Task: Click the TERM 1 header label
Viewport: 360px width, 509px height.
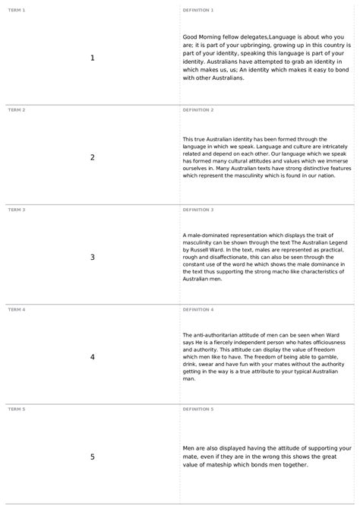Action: (16, 10)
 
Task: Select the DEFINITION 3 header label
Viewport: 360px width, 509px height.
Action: (198, 209)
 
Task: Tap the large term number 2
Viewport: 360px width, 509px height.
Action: (92, 157)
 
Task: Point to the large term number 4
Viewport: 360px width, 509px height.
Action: (92, 356)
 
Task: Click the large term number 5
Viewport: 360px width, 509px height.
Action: (92, 457)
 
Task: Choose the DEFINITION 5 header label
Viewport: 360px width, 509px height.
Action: (198, 409)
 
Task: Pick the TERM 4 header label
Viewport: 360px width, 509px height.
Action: (16, 309)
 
